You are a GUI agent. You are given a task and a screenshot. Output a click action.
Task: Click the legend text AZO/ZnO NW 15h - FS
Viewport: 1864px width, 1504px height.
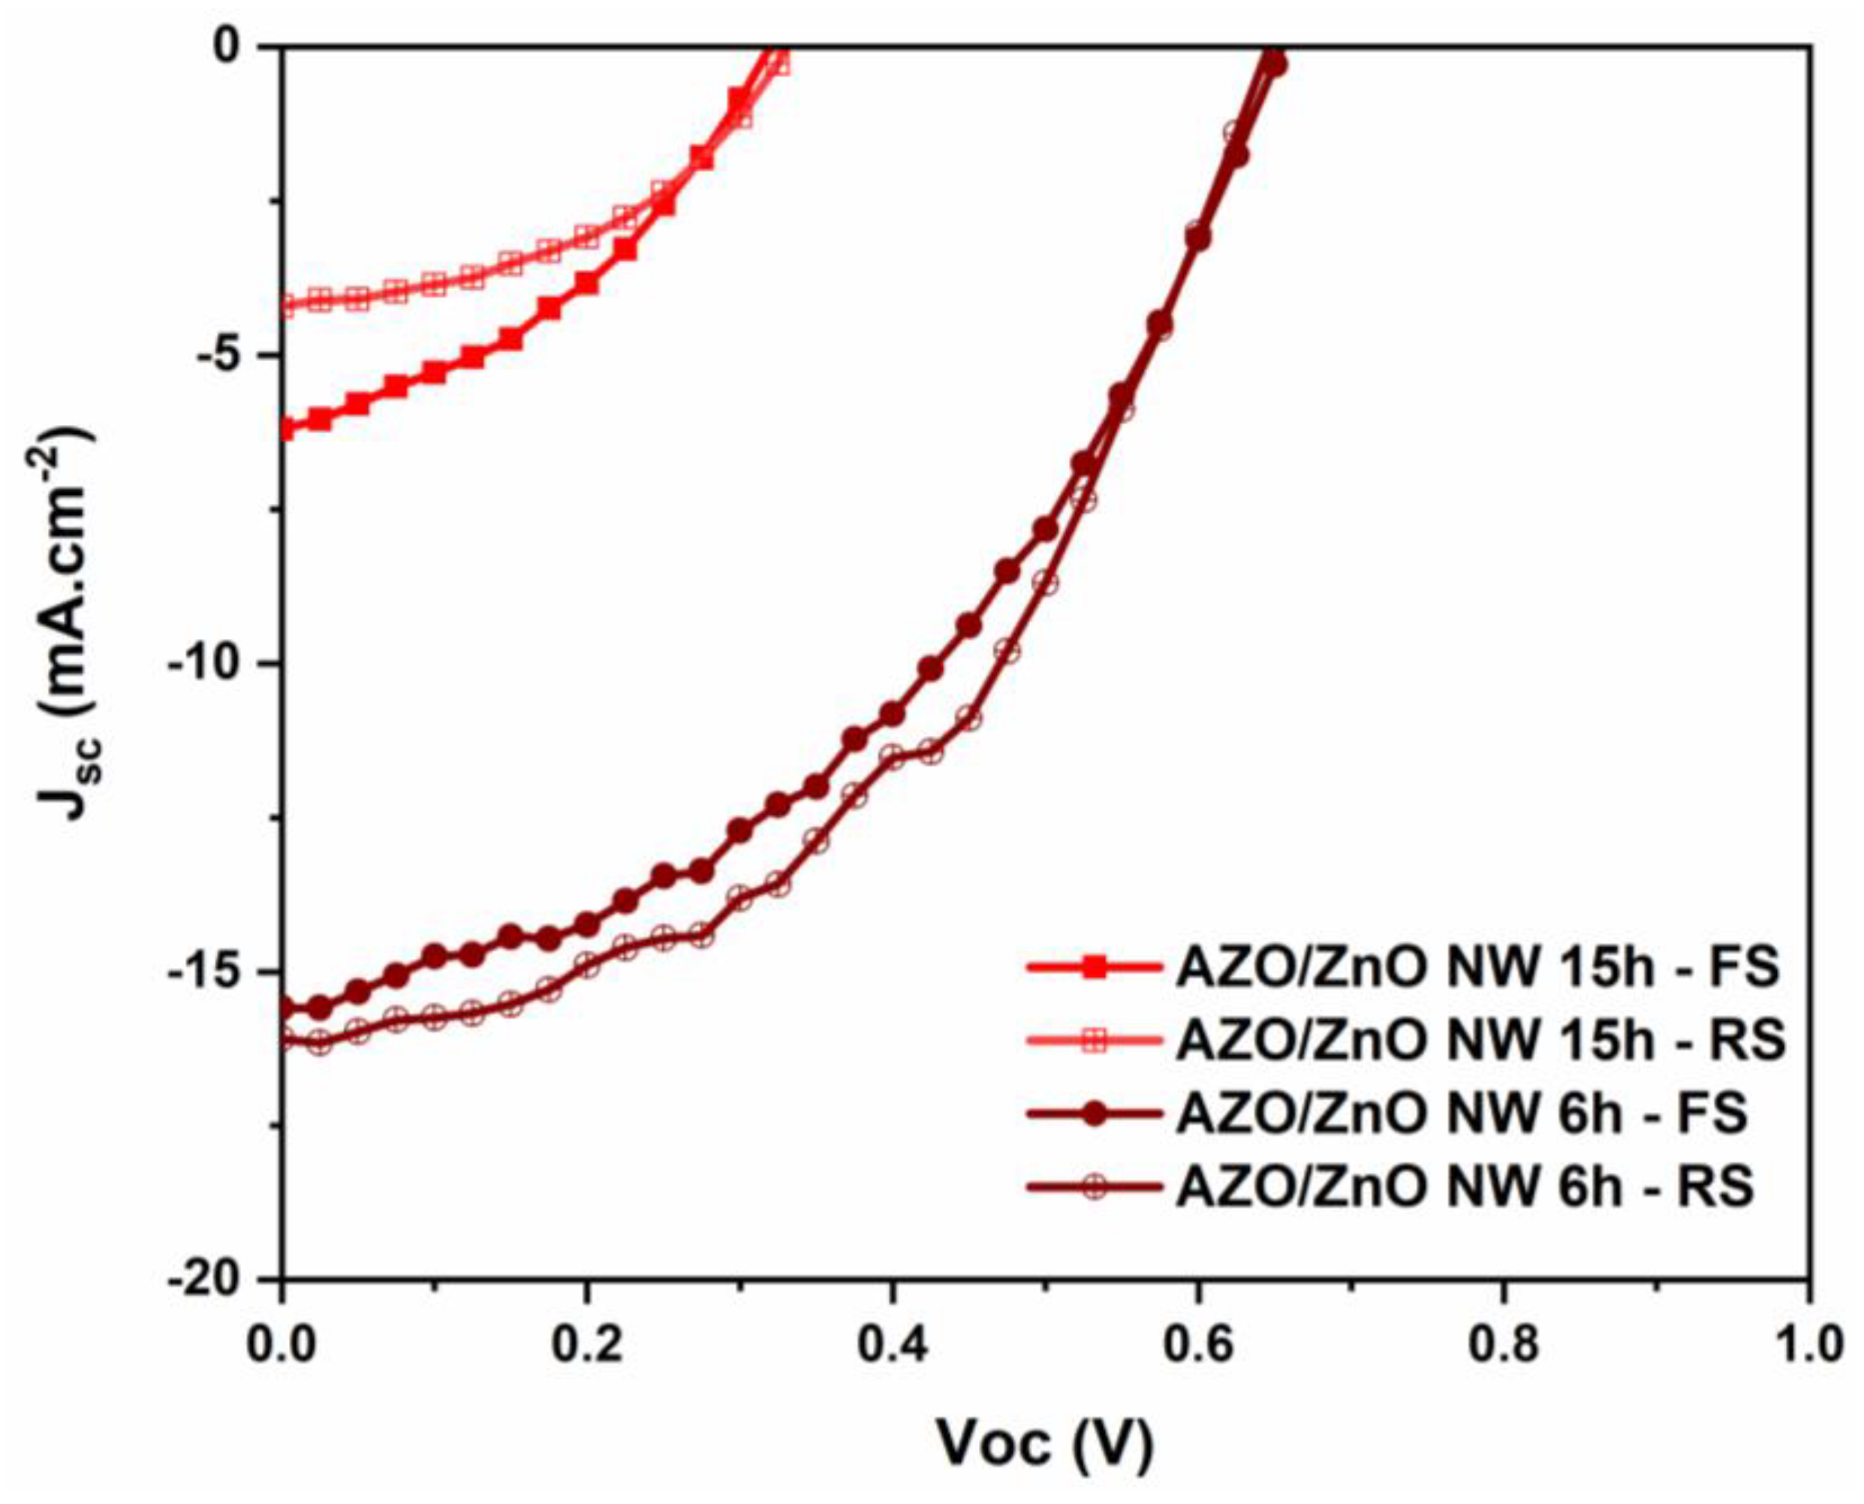[x=1477, y=968]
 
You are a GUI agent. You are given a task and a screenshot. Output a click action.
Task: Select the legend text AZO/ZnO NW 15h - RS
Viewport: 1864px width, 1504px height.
[x=1480, y=1041]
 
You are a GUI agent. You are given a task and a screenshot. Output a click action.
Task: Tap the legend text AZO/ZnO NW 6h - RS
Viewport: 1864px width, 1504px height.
[x=1465, y=1187]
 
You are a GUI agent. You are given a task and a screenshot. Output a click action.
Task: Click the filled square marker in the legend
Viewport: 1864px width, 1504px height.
[x=1096, y=968]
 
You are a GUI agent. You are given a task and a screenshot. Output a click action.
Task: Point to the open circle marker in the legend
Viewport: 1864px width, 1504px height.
[x=1096, y=1187]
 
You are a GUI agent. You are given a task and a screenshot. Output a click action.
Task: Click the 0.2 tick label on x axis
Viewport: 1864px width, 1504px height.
[x=587, y=1346]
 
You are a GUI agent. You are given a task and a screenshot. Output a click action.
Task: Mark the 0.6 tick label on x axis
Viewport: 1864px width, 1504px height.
[x=1198, y=1346]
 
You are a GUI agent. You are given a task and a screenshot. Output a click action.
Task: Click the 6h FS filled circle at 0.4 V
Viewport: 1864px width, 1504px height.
[x=892, y=715]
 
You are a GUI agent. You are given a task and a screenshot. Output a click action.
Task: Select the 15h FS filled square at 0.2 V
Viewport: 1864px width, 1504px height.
[x=587, y=283]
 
